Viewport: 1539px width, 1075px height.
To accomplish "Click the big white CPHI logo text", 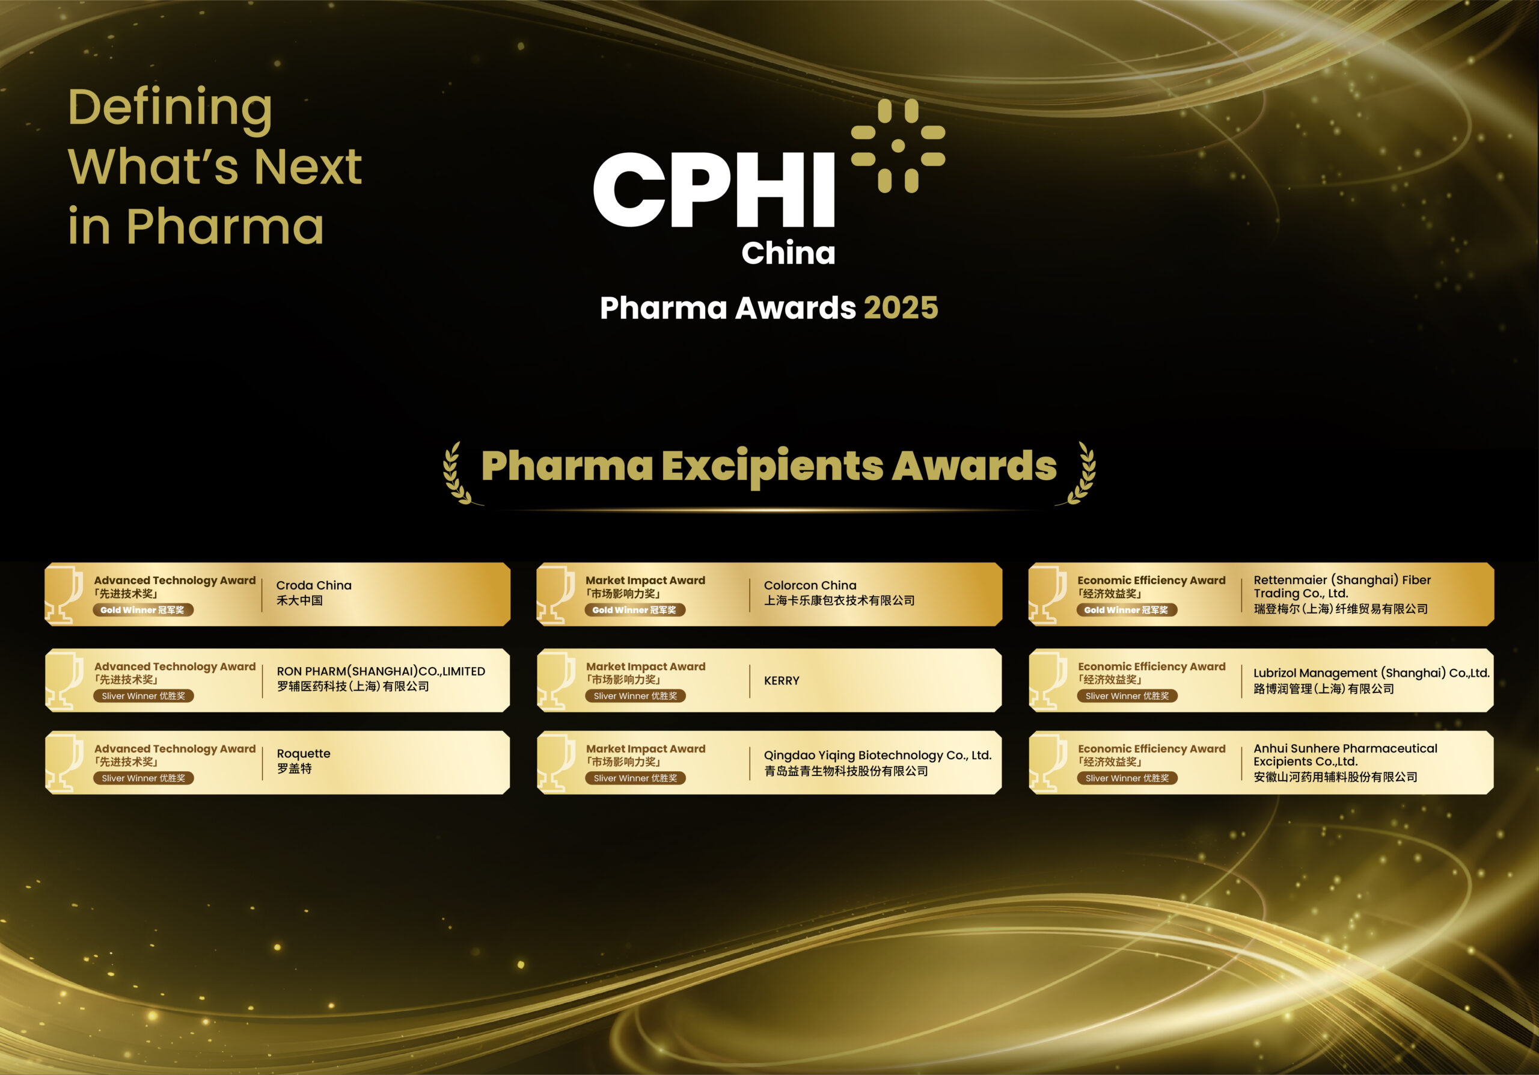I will point(714,191).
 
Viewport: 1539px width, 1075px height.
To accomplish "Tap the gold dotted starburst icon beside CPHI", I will point(898,146).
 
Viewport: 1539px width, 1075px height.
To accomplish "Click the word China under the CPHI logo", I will point(788,253).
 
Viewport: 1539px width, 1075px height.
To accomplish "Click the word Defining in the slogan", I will point(170,108).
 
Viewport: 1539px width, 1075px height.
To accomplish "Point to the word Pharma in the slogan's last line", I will point(225,226).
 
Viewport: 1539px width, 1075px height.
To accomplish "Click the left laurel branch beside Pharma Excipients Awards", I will point(459,473).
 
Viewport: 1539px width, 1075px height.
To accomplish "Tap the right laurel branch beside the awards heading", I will point(1080,473).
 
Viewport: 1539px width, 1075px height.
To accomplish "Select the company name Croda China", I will point(314,585).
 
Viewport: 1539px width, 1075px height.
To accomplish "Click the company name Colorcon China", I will point(810,585).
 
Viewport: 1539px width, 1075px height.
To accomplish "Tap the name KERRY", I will point(782,681).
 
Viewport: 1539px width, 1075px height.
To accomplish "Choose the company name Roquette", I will point(304,754).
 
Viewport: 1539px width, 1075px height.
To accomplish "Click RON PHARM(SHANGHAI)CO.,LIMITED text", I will point(381,671).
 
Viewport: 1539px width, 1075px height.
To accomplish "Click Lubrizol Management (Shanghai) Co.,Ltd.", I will point(1371,673).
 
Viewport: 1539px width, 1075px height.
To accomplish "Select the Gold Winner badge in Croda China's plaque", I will point(142,610).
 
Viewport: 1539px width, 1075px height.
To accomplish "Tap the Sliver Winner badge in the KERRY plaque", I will point(635,696).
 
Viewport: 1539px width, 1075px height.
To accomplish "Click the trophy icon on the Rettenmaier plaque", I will point(1048,594).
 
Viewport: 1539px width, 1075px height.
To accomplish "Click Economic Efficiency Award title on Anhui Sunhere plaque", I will point(1151,748).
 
